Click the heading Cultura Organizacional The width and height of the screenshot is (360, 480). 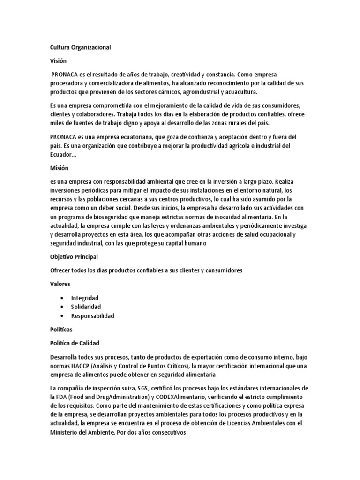[80, 47]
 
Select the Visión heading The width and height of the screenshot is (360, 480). [58, 61]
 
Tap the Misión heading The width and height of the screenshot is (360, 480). [59, 168]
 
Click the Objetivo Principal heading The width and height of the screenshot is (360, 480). [74, 257]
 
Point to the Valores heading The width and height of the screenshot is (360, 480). [60, 284]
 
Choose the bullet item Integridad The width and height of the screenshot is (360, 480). [85, 298]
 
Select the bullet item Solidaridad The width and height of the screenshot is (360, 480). [86, 307]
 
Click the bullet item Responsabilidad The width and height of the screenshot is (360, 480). [92, 315]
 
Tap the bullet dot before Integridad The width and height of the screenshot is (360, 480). [62, 298]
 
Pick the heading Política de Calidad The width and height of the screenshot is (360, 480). [75, 343]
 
